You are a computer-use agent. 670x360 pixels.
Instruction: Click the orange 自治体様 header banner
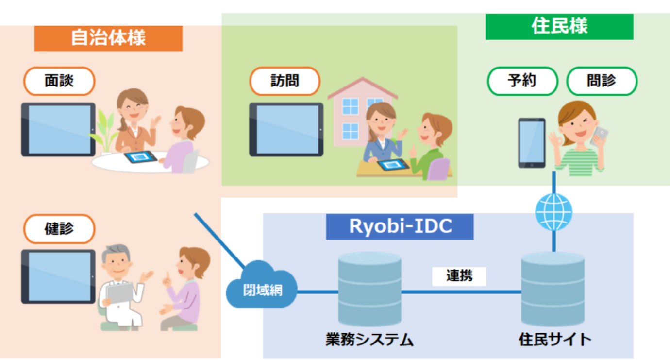click(108, 38)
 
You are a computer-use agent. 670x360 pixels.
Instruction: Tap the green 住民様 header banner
click(559, 27)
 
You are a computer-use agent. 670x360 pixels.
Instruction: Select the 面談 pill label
click(59, 81)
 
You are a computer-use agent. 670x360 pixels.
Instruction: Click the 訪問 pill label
click(285, 81)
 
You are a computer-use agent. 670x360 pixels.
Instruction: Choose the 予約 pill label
click(522, 81)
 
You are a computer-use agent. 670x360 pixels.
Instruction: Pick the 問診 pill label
click(602, 81)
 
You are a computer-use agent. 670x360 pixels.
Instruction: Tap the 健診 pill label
click(59, 229)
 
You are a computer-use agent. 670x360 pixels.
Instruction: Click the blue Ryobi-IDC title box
click(400, 226)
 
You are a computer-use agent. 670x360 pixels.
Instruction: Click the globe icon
click(553, 212)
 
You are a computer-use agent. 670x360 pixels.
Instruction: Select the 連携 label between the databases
click(459, 276)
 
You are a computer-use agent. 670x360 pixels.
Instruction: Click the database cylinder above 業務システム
click(369, 289)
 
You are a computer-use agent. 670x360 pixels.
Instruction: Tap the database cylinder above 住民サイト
click(553, 289)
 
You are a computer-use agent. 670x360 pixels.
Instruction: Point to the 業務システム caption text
click(369, 340)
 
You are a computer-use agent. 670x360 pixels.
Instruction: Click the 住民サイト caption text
click(555, 340)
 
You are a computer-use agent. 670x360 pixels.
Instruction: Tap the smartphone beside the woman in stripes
click(532, 143)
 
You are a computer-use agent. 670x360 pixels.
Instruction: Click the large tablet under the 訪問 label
click(286, 130)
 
